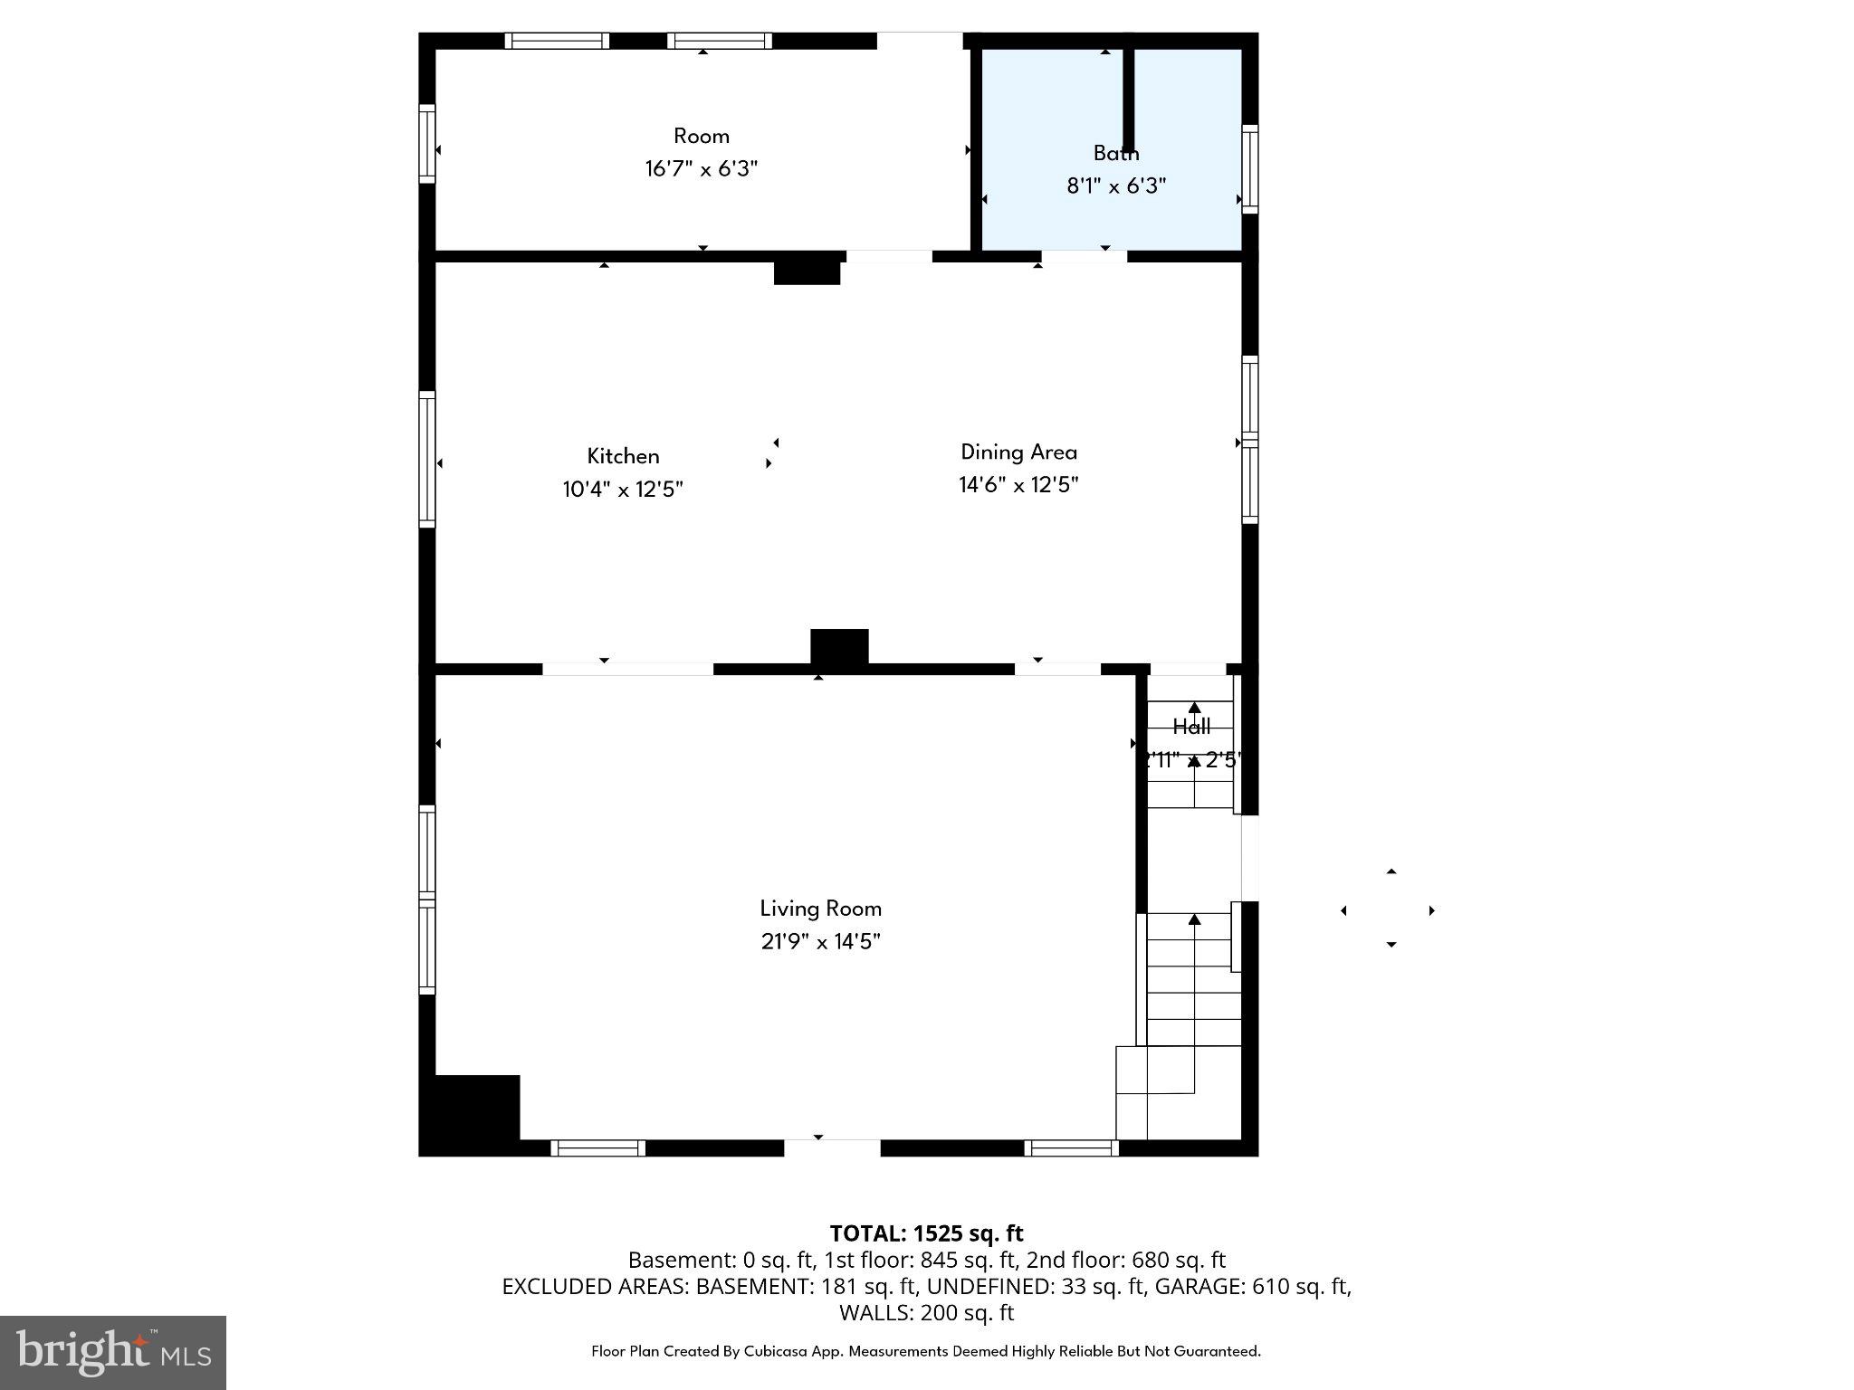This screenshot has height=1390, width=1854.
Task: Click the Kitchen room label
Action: (x=623, y=456)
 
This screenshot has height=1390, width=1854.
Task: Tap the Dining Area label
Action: (x=1018, y=452)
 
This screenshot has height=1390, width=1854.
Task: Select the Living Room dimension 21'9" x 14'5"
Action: (x=820, y=942)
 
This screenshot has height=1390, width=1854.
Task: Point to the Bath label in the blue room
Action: (x=1115, y=153)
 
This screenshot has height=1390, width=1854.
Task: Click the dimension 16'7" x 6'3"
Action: (x=701, y=169)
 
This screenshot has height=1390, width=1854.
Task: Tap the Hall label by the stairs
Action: (x=1191, y=726)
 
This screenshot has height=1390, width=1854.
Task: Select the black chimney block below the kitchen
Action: (x=839, y=649)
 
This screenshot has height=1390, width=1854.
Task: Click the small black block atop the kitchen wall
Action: (x=807, y=272)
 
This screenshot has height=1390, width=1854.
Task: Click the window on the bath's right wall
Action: (x=1249, y=169)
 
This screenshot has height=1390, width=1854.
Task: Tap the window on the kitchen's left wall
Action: (x=427, y=459)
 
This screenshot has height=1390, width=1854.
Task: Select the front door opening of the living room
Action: (x=831, y=1147)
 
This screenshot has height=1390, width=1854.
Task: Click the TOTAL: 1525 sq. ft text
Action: (x=926, y=1233)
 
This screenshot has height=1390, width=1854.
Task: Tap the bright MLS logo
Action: (x=113, y=1352)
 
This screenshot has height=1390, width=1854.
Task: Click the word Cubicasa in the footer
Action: (x=780, y=1351)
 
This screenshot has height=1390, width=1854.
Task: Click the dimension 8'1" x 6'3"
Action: (x=1115, y=186)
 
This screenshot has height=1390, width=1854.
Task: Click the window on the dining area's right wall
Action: (x=1249, y=440)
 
